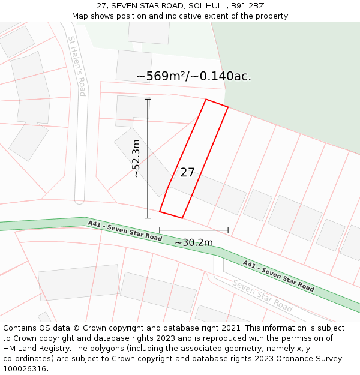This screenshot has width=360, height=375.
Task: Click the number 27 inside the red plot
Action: (x=187, y=173)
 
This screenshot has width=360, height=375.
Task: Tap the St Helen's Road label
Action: (x=77, y=66)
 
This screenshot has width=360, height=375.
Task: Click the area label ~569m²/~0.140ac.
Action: (x=194, y=76)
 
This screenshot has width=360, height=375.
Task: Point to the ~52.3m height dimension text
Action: (x=136, y=158)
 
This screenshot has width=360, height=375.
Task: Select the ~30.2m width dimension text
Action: (x=194, y=242)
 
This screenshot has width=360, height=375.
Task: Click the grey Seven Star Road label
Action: (x=262, y=296)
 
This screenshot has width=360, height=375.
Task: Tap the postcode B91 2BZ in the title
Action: (x=247, y=6)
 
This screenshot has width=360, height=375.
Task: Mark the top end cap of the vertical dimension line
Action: (x=148, y=100)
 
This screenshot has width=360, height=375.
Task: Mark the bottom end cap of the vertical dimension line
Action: (x=148, y=218)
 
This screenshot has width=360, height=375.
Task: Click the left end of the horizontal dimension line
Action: (x=160, y=230)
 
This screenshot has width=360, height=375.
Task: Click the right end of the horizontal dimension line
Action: (x=228, y=230)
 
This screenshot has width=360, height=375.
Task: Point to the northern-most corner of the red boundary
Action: (x=206, y=100)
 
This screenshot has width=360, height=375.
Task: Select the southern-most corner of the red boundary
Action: (x=182, y=218)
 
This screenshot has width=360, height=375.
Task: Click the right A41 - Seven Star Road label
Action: (x=278, y=276)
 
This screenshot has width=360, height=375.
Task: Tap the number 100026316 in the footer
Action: (x=25, y=369)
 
